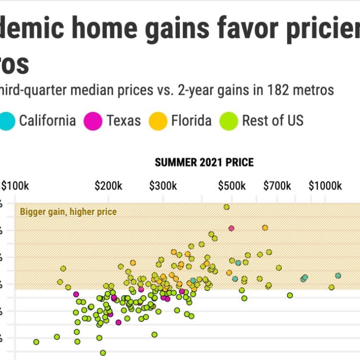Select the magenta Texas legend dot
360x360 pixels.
[93, 120]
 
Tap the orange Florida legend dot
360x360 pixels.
[158, 120]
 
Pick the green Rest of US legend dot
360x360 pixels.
[229, 120]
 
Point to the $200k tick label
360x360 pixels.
[108, 186]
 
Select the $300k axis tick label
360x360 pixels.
[163, 186]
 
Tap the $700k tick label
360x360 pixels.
[276, 186]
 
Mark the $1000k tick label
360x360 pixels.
[325, 186]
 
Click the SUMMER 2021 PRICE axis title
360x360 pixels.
[204, 163]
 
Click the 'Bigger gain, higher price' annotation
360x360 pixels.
[68, 212]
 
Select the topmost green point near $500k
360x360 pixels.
[227, 207]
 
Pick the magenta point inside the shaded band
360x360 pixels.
[231, 228]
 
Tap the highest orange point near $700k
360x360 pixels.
[265, 228]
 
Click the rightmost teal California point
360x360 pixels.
[338, 276]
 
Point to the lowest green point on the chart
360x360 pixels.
[103, 353]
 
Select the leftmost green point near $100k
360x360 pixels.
[36, 342]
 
